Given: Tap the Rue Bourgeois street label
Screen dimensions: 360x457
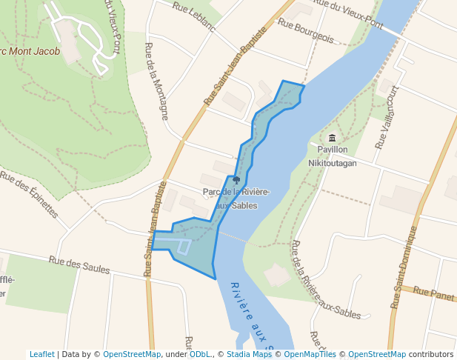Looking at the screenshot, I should coord(305,32).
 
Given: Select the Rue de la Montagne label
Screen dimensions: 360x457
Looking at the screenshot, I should coord(156,81).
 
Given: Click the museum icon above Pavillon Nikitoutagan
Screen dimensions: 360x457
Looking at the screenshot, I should coord(332,139).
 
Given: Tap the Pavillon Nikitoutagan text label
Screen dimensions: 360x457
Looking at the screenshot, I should coord(332,156).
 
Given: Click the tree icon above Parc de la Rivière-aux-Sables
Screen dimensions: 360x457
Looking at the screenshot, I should coord(236,180).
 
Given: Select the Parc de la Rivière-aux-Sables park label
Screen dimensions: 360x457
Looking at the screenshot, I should coord(236,199).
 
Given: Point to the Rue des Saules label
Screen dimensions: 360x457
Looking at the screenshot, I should coord(79,264).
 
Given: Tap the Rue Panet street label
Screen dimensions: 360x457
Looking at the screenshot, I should coord(434,294).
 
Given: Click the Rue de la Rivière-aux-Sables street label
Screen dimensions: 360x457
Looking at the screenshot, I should coord(325,280).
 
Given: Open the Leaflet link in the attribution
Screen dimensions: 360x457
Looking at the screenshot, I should coord(41,354).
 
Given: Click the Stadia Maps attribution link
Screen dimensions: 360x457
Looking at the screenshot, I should coord(250,354).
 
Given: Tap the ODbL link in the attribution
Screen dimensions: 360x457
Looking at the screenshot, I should coord(200,354).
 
